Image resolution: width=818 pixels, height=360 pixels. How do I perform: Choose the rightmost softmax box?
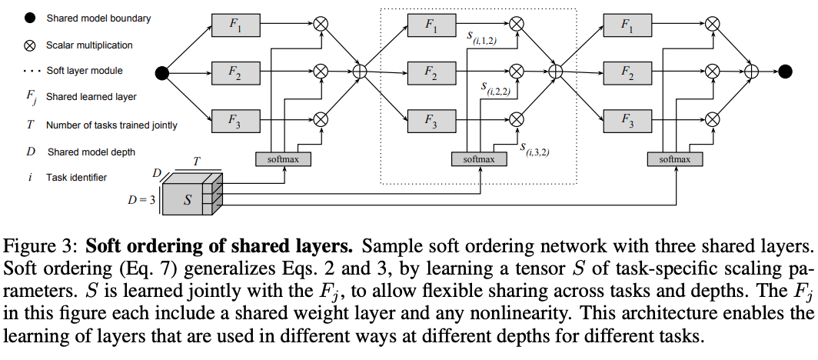[x=675, y=159]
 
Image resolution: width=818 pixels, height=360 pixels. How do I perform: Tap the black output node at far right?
[x=785, y=72]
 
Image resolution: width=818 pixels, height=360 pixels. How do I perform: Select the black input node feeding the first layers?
[x=162, y=73]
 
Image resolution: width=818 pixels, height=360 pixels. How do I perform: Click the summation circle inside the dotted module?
[x=557, y=72]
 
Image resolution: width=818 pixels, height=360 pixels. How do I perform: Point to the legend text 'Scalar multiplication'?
[x=89, y=45]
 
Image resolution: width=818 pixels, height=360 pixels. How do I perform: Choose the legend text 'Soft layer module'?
[x=85, y=71]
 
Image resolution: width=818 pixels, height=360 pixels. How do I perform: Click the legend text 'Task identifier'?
[x=76, y=178]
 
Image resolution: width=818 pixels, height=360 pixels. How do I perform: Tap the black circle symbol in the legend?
[x=29, y=18]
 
